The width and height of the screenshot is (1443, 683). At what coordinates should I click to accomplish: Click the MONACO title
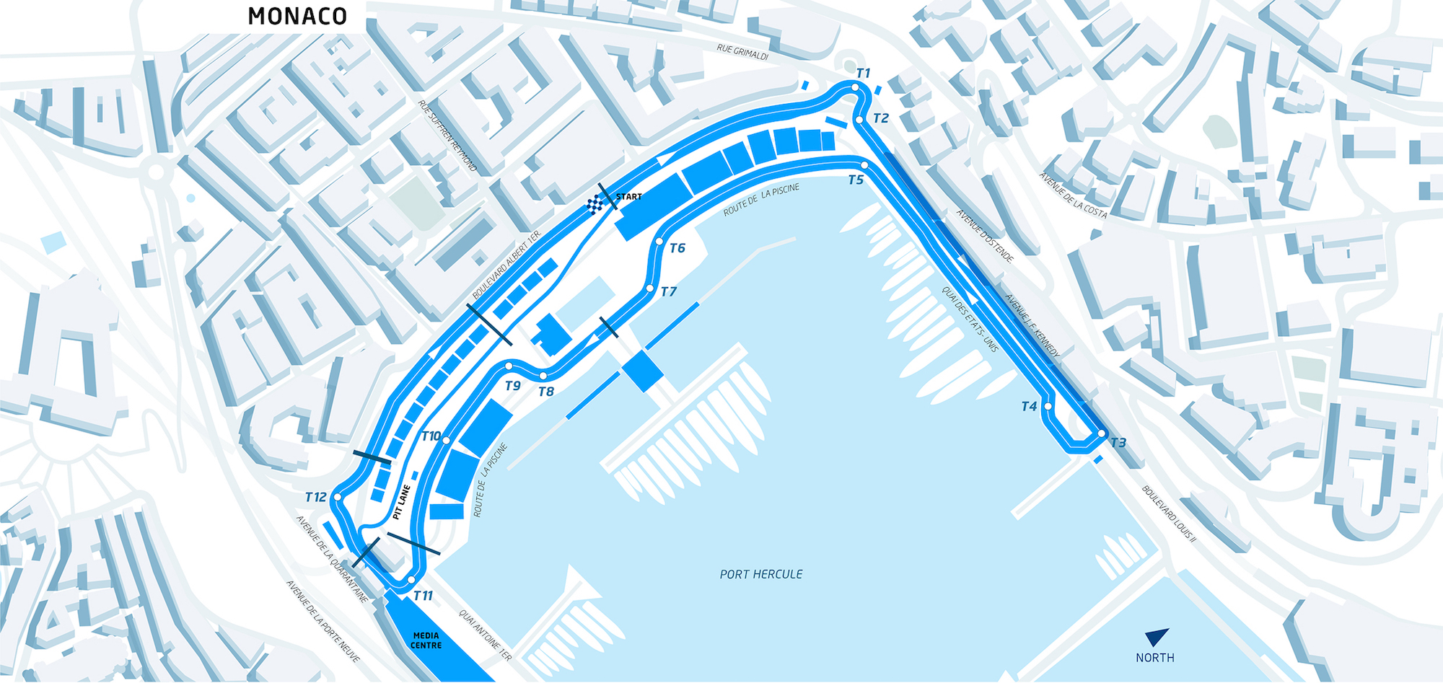pyautogui.click(x=297, y=17)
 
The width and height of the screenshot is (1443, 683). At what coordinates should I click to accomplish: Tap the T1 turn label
pyautogui.click(x=864, y=73)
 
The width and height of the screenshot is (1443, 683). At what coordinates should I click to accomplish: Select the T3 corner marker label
pyautogui.click(x=1118, y=443)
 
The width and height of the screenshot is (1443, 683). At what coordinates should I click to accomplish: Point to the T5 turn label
pyautogui.click(x=856, y=180)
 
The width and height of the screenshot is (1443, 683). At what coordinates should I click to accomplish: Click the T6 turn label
pyautogui.click(x=677, y=248)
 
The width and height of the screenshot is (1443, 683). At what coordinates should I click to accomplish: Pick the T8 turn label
pyautogui.click(x=546, y=392)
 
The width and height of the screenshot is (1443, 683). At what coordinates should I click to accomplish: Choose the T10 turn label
pyautogui.click(x=431, y=436)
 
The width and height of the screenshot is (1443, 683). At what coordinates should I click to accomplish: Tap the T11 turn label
pyautogui.click(x=423, y=596)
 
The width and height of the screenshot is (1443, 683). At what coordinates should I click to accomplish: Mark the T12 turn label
pyautogui.click(x=315, y=497)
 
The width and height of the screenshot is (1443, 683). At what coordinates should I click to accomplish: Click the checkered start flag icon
pyautogui.click(x=595, y=205)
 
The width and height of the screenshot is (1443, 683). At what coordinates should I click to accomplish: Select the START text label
pyautogui.click(x=628, y=197)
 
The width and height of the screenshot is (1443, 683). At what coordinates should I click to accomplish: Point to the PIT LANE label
pyautogui.click(x=402, y=503)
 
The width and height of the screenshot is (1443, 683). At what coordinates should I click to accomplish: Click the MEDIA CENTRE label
pyautogui.click(x=426, y=640)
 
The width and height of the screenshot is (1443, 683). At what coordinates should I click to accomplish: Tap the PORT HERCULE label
pyautogui.click(x=761, y=574)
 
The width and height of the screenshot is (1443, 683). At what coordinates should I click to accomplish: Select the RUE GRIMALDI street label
pyautogui.click(x=742, y=52)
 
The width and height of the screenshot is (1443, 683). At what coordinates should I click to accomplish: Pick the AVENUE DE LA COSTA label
pyautogui.click(x=1073, y=195)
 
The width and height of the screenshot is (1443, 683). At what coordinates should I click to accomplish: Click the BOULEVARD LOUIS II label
pyautogui.click(x=1169, y=514)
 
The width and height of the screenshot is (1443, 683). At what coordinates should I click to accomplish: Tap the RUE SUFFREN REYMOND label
pyautogui.click(x=447, y=136)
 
